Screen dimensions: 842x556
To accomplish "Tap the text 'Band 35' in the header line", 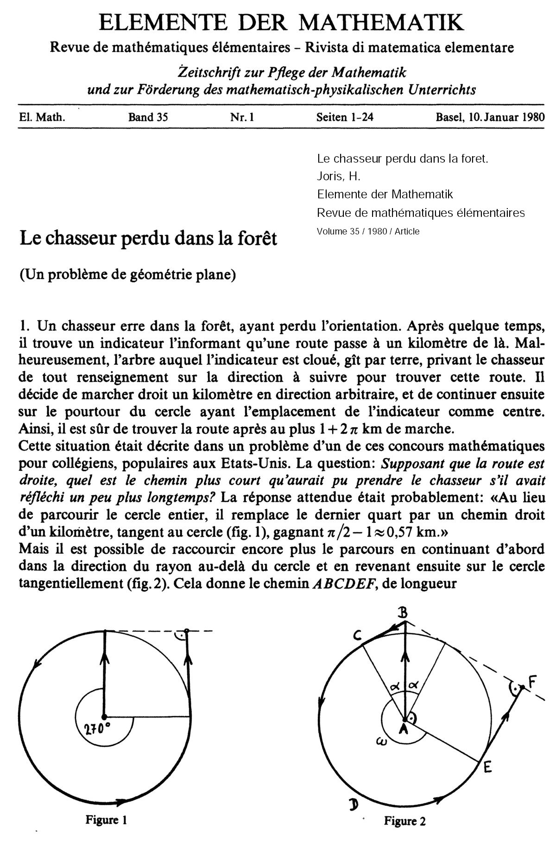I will pyautogui.click(x=148, y=117).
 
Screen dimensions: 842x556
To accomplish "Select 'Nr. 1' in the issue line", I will pyautogui.click(x=242, y=117).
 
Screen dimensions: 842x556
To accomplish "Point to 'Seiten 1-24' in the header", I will pyautogui.click(x=345, y=117).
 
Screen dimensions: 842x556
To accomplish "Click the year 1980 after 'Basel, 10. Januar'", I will pyautogui.click(x=530, y=117).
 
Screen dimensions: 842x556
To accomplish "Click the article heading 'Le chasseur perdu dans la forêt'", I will pyautogui.click(x=148, y=239).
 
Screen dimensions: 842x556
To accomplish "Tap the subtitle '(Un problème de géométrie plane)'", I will pyautogui.click(x=128, y=275).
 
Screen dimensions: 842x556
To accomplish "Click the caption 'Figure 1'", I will pyautogui.click(x=106, y=819).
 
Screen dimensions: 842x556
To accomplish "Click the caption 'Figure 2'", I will pyautogui.click(x=404, y=821).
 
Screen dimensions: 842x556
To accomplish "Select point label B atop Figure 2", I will pyautogui.click(x=403, y=614).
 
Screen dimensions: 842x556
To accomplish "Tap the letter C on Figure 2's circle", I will pyautogui.click(x=357, y=637).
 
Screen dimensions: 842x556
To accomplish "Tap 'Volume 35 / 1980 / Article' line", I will pyautogui.click(x=368, y=231).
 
